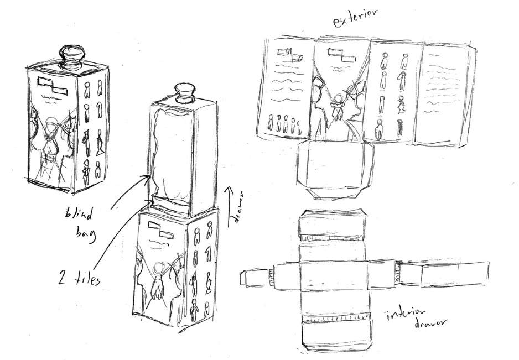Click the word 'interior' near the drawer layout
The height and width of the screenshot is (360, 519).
click(x=406, y=317)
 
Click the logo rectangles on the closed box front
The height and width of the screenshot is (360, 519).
click(x=52, y=86)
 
